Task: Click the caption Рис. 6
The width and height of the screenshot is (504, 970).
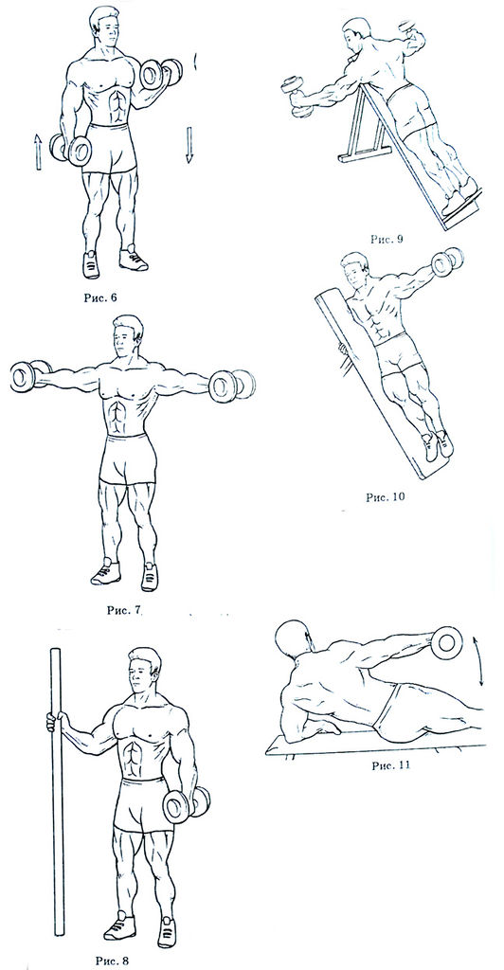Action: [x=100, y=296]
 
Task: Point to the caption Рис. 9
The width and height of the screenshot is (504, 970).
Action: [x=386, y=238]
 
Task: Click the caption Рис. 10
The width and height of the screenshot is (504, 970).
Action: [x=387, y=495]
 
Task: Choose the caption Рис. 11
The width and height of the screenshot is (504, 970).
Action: [x=390, y=765]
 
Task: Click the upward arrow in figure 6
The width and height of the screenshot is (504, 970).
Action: [x=38, y=152]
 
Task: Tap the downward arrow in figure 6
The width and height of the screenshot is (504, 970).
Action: [x=189, y=145]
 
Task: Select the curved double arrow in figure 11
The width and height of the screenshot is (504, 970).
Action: [x=480, y=659]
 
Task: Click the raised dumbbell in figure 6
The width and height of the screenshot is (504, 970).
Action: [x=160, y=74]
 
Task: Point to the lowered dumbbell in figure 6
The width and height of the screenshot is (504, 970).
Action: [x=70, y=149]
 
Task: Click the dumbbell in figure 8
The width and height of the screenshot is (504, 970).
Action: [x=186, y=804]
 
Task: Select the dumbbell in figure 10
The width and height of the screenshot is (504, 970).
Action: [x=446, y=262]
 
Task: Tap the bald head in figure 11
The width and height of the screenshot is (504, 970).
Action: [x=291, y=639]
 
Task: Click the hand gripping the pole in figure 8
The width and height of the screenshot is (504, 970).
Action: [x=55, y=721]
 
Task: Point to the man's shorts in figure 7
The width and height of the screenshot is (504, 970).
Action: [x=127, y=458]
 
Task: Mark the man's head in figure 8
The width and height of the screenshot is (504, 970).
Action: [x=145, y=672]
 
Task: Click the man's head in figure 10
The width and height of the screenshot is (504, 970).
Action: [x=354, y=273]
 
